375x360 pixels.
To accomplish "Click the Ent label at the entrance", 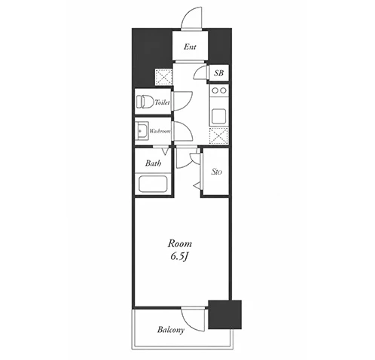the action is click(190, 47).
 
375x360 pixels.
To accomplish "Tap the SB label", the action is click(218, 73).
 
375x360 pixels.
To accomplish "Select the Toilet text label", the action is click(162, 102).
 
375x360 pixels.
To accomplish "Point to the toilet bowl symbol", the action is click(145, 102).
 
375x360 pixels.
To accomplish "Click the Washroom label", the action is click(160, 131).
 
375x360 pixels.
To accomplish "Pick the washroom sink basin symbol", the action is click(142, 131).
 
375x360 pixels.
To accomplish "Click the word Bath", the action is click(153, 163).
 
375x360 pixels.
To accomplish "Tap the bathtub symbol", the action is click(153, 184).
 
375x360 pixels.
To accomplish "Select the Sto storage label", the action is click(217, 172).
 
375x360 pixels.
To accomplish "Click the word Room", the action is click(180, 243).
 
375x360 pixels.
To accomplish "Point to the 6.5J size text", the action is click(180, 257).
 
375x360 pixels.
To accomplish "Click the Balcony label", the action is click(171, 330).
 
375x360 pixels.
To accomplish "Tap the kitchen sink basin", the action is click(218, 115).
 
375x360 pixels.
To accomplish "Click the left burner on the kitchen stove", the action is click(215, 90).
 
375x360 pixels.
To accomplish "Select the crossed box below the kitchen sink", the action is click(218, 136).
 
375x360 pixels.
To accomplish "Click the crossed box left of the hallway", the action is click(163, 76).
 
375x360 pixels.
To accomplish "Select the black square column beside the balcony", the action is click(225, 315).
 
